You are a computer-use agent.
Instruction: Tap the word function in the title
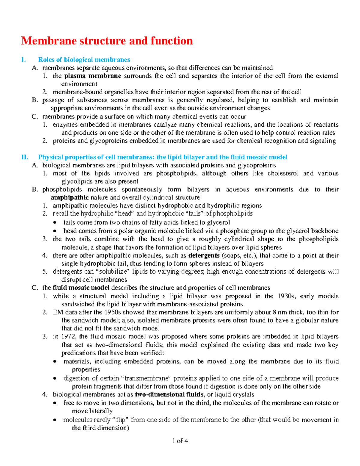[x=172, y=41]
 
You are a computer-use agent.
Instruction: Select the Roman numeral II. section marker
[x=25, y=157]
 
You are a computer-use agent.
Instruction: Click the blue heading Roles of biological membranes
[x=84, y=60]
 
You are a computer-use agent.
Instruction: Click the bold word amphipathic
[x=70, y=197]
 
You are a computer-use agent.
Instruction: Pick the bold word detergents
[x=204, y=256]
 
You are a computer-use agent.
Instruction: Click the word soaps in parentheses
[x=232, y=256]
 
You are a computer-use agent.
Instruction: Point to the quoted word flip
[x=120, y=420]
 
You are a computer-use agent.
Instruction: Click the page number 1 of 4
[x=180, y=441]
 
